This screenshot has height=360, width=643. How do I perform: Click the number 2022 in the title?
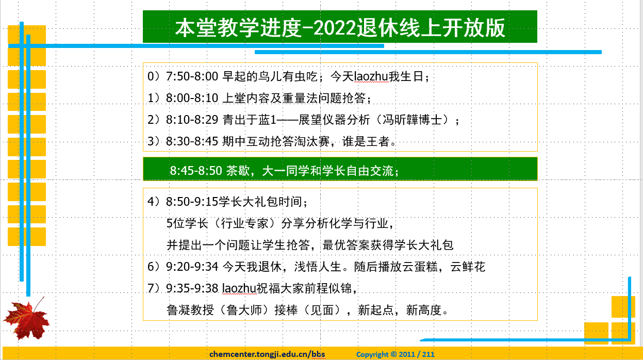(x=335, y=28)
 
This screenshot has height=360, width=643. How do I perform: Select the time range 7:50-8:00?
(x=192, y=77)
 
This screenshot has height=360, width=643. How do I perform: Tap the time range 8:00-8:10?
(x=192, y=98)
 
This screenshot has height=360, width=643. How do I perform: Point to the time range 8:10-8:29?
(x=192, y=120)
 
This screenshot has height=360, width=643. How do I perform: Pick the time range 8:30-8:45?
(x=192, y=141)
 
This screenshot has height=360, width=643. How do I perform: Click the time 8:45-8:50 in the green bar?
(x=196, y=171)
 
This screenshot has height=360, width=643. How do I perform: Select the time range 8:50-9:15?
(x=192, y=202)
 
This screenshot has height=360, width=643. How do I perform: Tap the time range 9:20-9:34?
(x=192, y=267)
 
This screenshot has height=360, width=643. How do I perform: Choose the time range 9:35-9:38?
(x=192, y=288)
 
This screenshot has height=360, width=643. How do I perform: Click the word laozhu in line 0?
(x=371, y=77)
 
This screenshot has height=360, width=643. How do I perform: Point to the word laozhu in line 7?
(x=239, y=288)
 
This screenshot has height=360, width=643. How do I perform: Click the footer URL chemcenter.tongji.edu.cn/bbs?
(x=267, y=354)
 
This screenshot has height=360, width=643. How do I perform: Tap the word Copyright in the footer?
(x=372, y=354)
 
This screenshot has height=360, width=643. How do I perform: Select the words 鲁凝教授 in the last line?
(x=190, y=310)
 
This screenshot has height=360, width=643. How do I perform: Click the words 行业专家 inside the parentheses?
(x=244, y=223)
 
